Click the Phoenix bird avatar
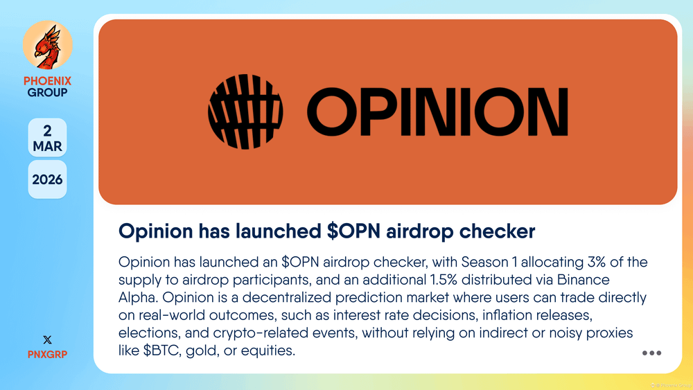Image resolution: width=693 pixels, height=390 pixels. [47, 44]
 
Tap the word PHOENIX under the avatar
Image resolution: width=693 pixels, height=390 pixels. [47, 81]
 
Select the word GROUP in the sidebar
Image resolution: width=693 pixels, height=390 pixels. [47, 92]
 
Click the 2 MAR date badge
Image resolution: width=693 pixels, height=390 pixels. [47, 137]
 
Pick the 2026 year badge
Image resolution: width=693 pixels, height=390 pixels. [47, 179]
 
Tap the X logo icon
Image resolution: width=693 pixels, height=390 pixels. [47, 339]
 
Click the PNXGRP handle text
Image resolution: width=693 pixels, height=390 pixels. [47, 354]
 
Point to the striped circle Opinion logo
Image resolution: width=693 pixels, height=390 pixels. [245, 112]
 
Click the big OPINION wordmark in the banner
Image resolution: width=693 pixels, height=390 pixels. [437, 112]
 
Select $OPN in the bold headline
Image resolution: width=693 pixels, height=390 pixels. [353, 231]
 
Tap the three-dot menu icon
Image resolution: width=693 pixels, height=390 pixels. [652, 353]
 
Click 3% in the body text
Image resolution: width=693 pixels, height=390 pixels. [596, 262]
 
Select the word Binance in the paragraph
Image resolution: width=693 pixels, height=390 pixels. [584, 280]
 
